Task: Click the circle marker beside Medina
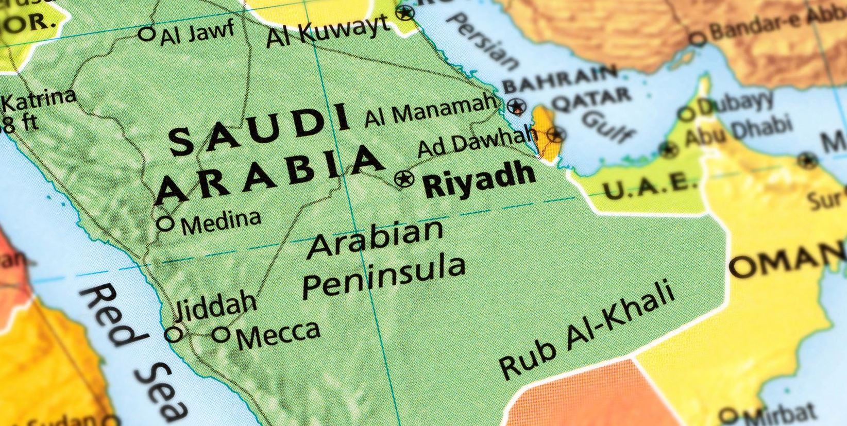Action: pos(165,224)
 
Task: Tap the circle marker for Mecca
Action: pos(221,335)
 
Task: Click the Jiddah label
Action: pos(215,305)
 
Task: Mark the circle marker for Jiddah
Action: pos(174,335)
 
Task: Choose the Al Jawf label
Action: pos(197,32)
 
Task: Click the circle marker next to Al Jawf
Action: pos(147,34)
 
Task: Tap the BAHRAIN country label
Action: pos(560,79)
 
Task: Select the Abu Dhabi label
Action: pos(738,132)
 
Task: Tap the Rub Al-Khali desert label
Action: pos(587,330)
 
